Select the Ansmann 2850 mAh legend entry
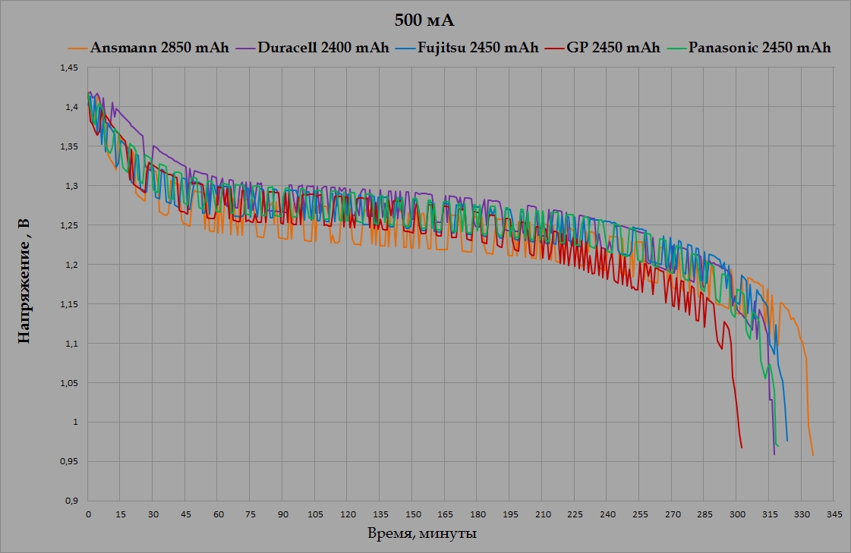pyautogui.click(x=159, y=48)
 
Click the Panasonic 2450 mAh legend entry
pyautogui.click(x=758, y=48)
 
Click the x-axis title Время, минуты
pyautogui.click(x=422, y=534)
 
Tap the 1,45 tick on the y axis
pyautogui.click(x=68, y=68)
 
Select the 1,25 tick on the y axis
pyautogui.click(x=68, y=225)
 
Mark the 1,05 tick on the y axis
pyautogui.click(x=68, y=383)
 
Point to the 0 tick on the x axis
pyautogui.click(x=88, y=514)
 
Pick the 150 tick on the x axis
pyautogui.click(x=412, y=514)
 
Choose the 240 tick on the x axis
pyautogui.click(x=607, y=514)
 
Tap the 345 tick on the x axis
pyautogui.click(x=834, y=514)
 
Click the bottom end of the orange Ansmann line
pyautogui.click(x=812, y=455)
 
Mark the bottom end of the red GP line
pyautogui.click(x=742, y=448)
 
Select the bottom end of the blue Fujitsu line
pyautogui.click(x=787, y=441)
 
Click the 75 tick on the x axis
pyautogui.click(x=250, y=514)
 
